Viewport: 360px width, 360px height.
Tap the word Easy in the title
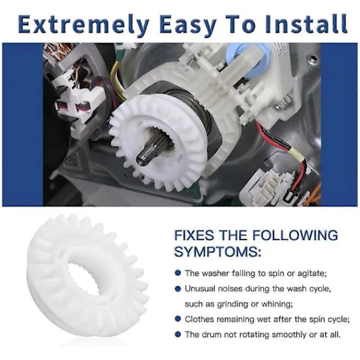coord(188,25)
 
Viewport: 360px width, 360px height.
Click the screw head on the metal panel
coord(311,59)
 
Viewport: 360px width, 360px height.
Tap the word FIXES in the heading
coord(194,235)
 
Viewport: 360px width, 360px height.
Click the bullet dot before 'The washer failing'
coord(178,273)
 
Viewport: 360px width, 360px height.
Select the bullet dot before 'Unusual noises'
coord(178,289)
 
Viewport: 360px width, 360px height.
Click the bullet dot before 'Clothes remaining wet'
coord(178,319)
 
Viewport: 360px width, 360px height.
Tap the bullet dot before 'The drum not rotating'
coord(178,334)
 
